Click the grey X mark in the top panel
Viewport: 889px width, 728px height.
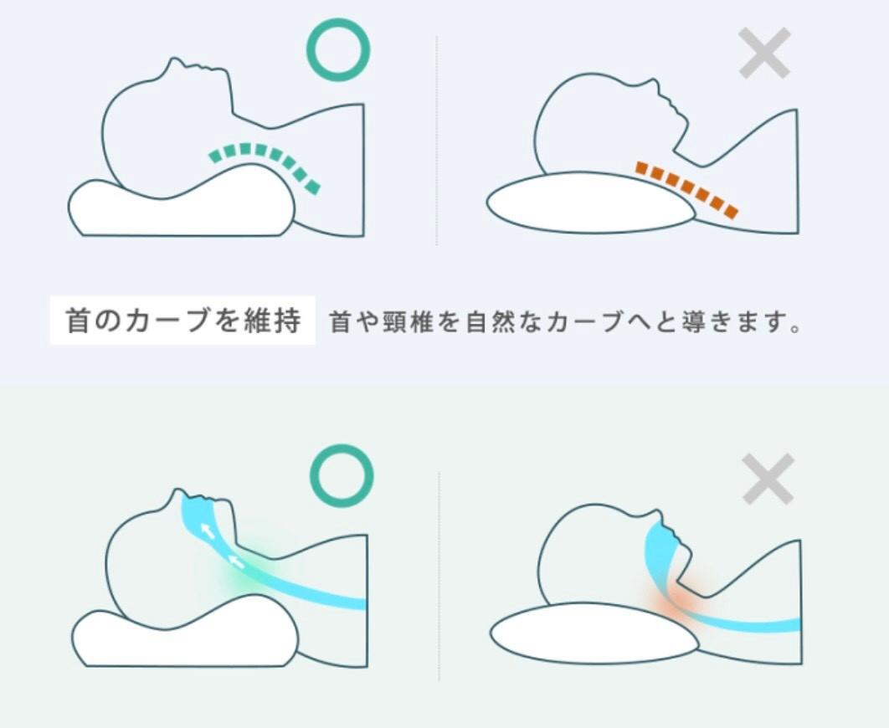pyautogui.click(x=764, y=53)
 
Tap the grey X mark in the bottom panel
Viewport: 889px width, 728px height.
pyautogui.click(x=768, y=479)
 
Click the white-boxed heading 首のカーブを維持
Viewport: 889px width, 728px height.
pyautogui.click(x=182, y=320)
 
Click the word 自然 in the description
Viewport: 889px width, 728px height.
pyautogui.click(x=490, y=322)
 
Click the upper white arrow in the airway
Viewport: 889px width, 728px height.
pyautogui.click(x=208, y=531)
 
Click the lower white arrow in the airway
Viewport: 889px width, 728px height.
pyautogui.click(x=236, y=561)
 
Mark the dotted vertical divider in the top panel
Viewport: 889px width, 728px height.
pyautogui.click(x=437, y=141)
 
